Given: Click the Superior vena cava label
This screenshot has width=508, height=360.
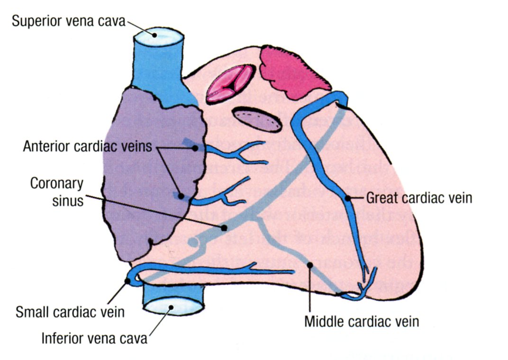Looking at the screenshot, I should (68, 21).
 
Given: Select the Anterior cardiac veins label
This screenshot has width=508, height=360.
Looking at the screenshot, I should (88, 147).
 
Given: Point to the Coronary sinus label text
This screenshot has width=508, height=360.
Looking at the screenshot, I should (56, 192).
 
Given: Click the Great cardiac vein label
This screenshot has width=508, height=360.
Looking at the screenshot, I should (419, 198).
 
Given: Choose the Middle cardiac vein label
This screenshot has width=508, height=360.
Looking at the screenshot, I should (362, 322).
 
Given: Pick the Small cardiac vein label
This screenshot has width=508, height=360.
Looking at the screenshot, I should (70, 312).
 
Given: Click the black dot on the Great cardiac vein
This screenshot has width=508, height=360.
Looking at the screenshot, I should (348, 198).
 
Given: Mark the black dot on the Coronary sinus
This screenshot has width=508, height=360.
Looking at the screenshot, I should (224, 228).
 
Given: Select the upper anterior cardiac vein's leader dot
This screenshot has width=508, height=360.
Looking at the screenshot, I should (195, 148).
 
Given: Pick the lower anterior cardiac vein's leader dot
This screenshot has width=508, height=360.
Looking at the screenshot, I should (181, 195).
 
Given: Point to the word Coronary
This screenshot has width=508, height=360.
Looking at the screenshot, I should (56, 183).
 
